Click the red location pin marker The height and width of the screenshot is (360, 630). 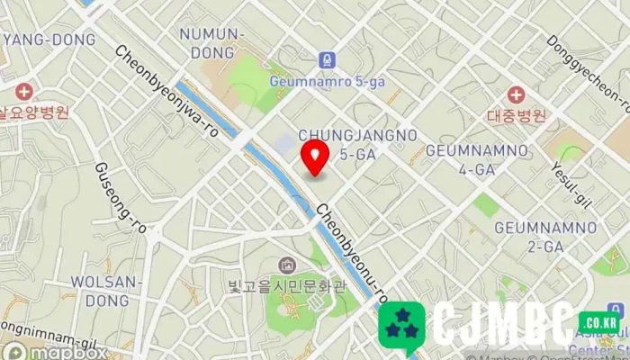point(314,157)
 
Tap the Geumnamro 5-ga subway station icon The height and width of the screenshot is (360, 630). point(327,60)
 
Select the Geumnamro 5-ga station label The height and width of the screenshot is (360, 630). point(327,81)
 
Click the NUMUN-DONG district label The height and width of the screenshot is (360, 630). point(212,42)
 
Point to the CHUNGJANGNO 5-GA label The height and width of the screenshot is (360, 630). point(357,144)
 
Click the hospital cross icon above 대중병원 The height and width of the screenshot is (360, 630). point(516,94)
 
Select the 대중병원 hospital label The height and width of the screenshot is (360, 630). point(516,115)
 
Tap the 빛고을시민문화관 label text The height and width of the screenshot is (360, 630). point(286,286)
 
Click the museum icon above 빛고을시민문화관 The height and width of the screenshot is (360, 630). point(286,265)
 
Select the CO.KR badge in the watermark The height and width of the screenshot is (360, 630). point(598,321)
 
